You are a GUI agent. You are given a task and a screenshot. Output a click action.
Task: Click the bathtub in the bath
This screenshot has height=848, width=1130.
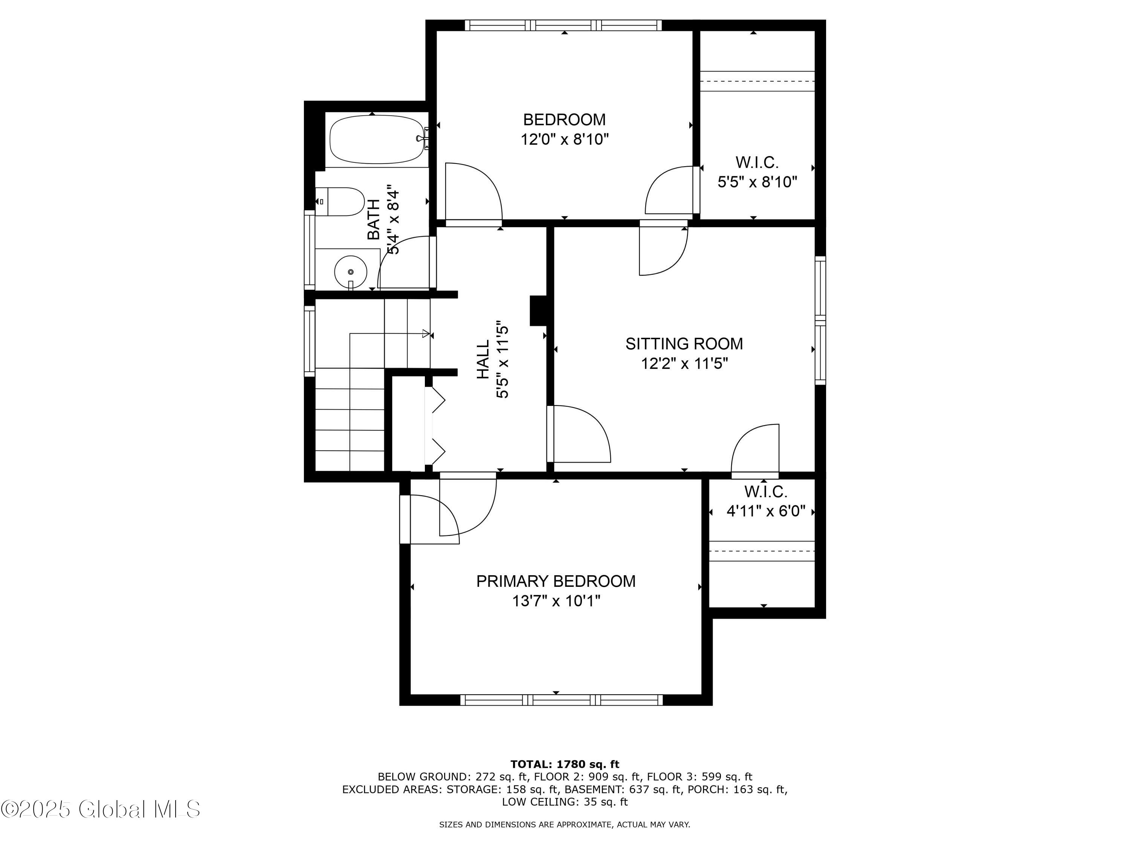click(377, 139)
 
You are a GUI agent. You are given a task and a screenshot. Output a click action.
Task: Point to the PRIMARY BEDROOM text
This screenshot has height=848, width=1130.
click(556, 581)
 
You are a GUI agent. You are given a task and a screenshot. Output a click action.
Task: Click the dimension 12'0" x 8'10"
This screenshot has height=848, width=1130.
click(565, 139)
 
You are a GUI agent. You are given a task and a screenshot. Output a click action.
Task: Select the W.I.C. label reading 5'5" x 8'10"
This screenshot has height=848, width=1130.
click(757, 162)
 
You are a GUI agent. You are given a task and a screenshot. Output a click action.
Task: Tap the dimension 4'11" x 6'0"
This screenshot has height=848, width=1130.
click(766, 511)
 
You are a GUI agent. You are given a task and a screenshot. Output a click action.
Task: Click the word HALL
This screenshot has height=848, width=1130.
click(483, 360)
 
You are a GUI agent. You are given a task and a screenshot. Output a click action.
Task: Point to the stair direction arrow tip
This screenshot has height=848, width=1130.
click(427, 334)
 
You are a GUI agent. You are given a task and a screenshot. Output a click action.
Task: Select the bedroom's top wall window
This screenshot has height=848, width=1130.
click(563, 25)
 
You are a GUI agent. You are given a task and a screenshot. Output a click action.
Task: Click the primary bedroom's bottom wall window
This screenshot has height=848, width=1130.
click(562, 700)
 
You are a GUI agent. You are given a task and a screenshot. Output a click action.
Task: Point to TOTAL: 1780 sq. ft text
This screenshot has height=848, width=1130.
click(565, 764)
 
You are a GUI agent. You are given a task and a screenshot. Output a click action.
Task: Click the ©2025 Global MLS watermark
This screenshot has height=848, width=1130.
click(101, 810)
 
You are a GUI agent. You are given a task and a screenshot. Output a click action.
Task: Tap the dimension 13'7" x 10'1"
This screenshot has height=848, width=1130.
click(556, 601)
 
